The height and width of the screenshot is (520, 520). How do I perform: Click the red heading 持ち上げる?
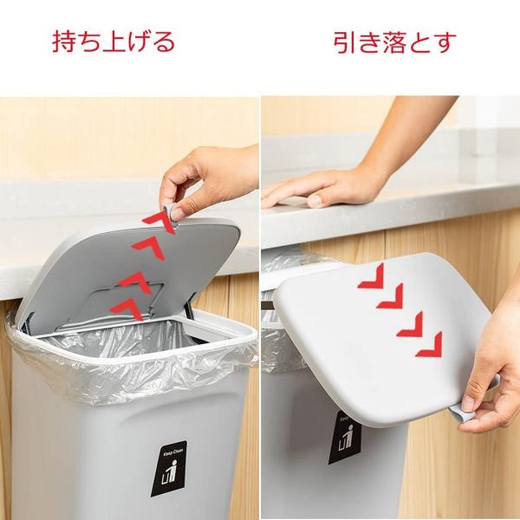tap(114, 42)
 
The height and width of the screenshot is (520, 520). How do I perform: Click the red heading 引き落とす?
tap(395, 42)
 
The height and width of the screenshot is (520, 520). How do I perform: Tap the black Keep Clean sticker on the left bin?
tap(169, 468)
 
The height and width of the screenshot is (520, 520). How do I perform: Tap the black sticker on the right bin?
tap(345, 438)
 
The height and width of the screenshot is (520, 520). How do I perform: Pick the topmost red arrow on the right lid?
tap(373, 277)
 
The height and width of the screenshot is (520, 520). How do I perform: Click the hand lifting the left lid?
tap(209, 182)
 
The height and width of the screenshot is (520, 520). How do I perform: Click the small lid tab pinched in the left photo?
tap(172, 216)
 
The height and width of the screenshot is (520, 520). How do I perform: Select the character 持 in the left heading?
tap(63, 42)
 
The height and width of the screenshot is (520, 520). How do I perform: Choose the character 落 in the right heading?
tap(394, 42)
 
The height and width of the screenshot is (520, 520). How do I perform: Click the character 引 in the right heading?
tap(345, 42)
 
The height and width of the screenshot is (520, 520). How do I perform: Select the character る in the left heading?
tap(164, 42)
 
